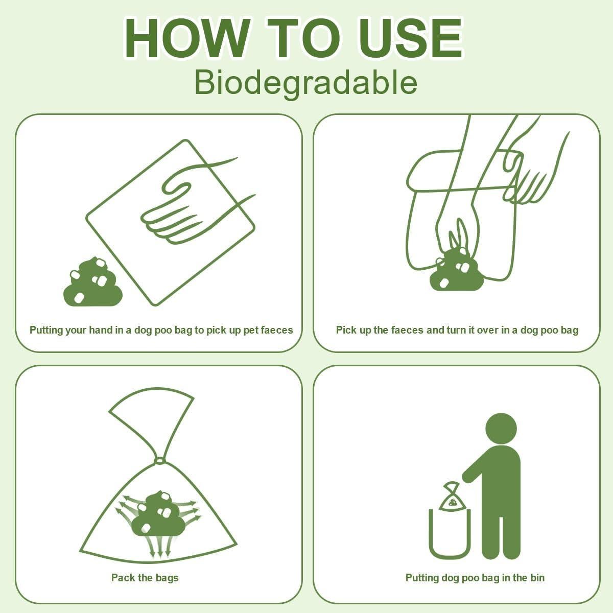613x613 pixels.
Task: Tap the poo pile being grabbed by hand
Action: click(x=455, y=271)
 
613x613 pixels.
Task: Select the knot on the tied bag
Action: click(x=159, y=461)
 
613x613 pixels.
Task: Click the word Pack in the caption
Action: click(x=122, y=578)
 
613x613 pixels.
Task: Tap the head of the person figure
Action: click(x=501, y=428)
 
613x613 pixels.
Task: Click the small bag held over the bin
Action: click(x=451, y=497)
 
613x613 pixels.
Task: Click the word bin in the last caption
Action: click(x=536, y=578)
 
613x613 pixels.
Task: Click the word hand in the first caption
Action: click(x=101, y=330)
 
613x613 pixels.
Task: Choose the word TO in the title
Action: click(x=305, y=39)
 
